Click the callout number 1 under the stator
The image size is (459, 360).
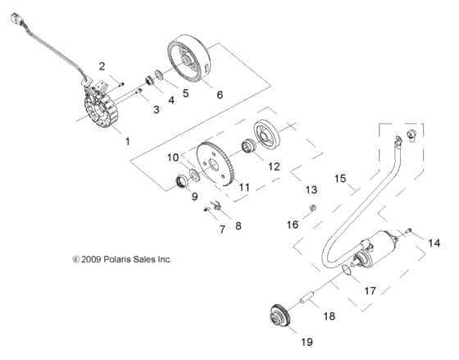(x=127, y=142)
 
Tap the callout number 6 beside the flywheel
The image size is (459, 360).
(x=218, y=95)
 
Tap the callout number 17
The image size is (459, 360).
(x=370, y=289)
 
